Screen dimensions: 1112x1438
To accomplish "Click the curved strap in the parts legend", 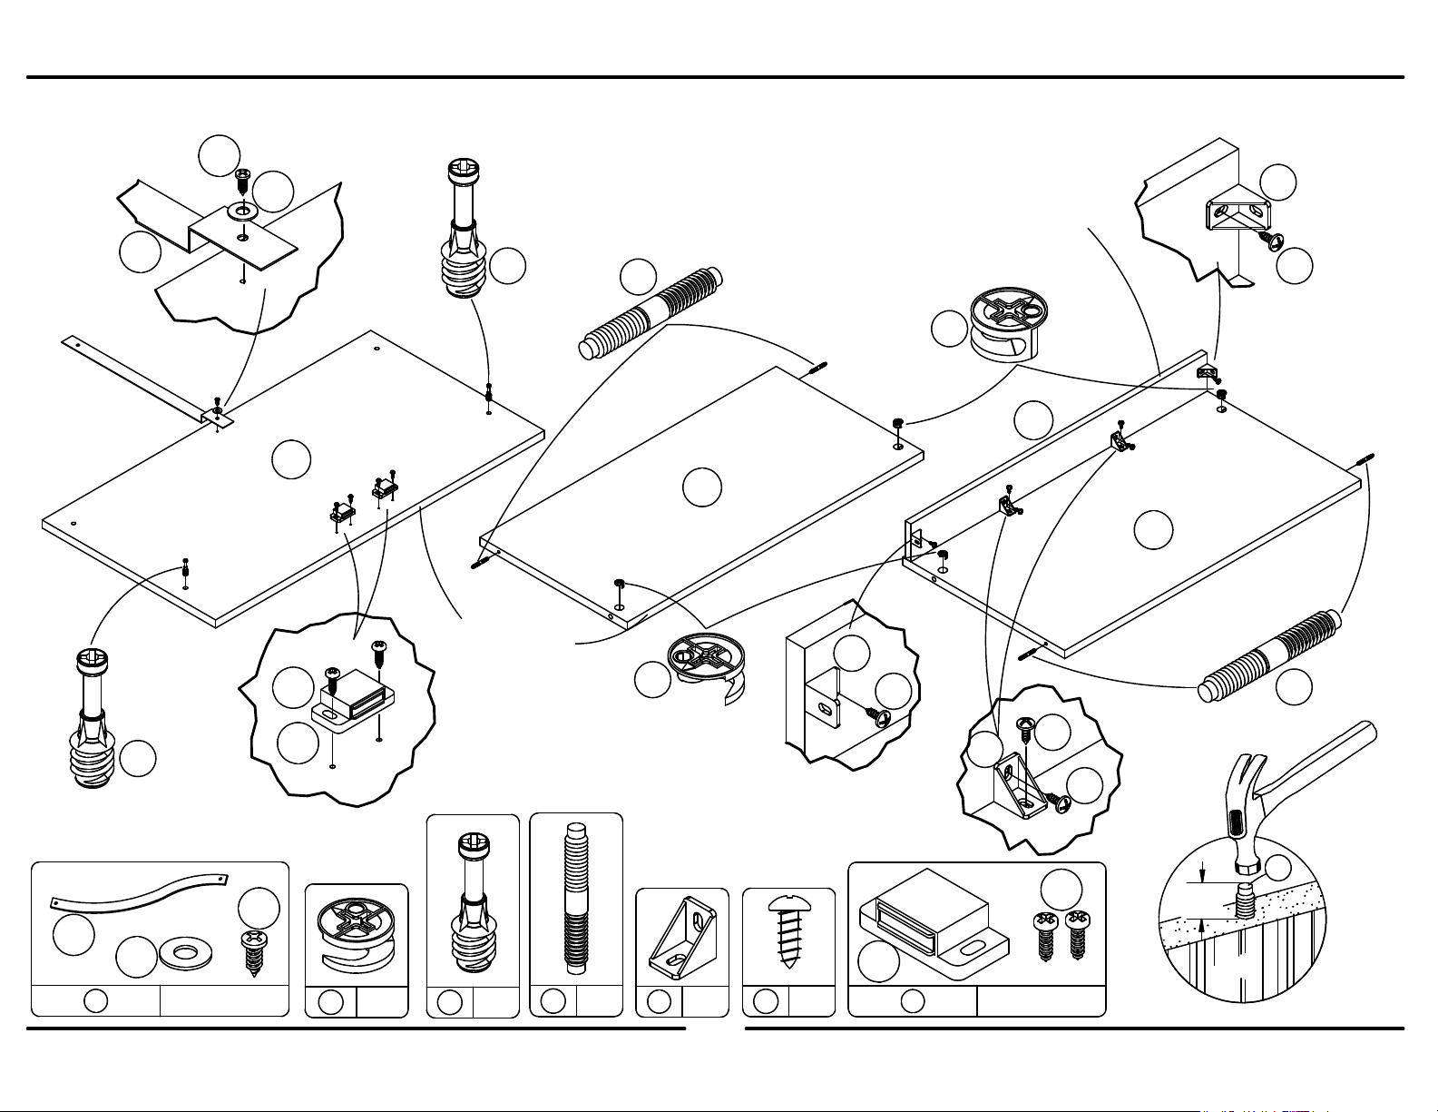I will [136, 892].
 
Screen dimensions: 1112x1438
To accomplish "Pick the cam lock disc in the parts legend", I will [356, 935].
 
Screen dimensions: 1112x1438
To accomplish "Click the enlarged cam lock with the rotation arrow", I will [706, 665].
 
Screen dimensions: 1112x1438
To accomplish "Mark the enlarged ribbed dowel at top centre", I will [651, 311].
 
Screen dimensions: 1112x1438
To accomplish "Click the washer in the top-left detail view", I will [242, 212].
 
